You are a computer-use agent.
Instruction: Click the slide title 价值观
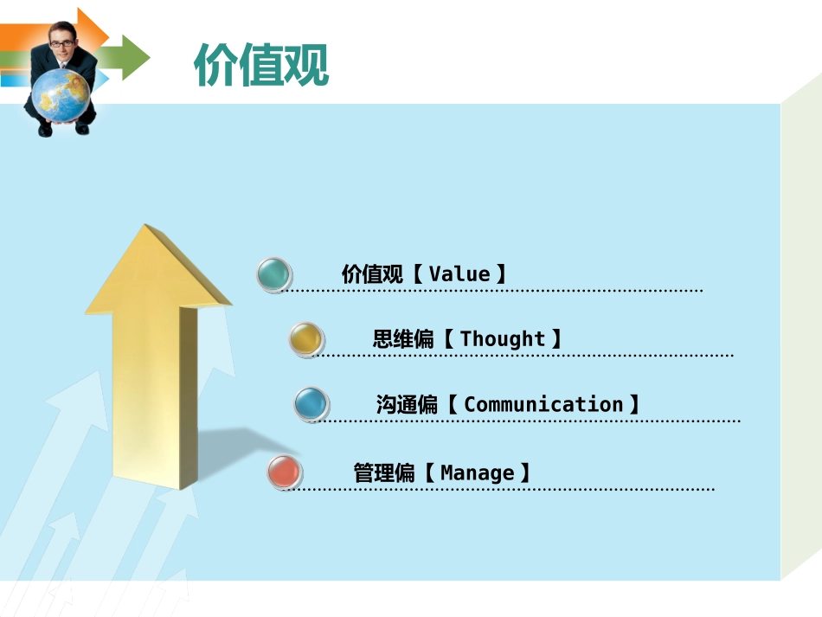tap(261, 64)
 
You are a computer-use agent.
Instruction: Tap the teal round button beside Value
tap(274, 274)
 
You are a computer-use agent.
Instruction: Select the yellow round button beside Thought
tap(305, 338)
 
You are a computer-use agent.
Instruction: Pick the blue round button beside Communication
tap(311, 403)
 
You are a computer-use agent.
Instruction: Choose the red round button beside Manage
tap(284, 472)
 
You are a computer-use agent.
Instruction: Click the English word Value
tap(459, 274)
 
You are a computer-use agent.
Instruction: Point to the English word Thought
tap(503, 338)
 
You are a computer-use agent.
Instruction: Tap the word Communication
tap(543, 404)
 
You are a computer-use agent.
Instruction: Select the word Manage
tap(477, 472)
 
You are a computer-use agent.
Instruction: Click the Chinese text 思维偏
tap(403, 338)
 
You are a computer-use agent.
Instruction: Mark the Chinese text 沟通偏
tap(407, 404)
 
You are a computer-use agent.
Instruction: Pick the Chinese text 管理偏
tap(384, 472)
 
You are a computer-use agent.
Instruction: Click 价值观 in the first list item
tap(372, 274)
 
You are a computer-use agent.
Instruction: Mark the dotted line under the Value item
tap(493, 292)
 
